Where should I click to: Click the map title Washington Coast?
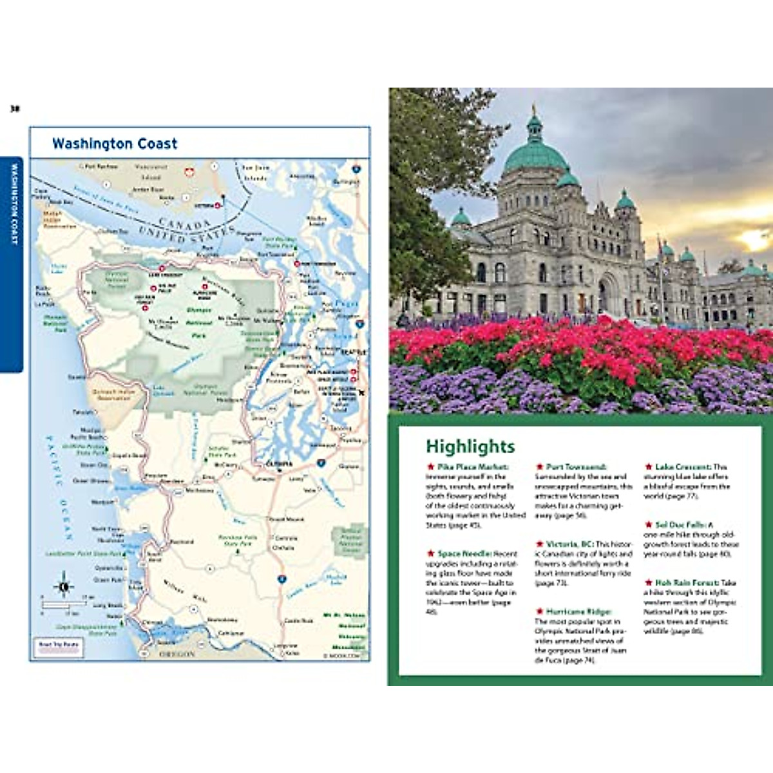115,144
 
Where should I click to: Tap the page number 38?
15,109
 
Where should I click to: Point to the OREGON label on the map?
177,654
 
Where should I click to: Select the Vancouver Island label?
151,171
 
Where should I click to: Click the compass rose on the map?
63,586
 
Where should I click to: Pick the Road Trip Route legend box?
59,646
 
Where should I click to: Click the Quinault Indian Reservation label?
114,394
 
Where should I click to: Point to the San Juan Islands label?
256,173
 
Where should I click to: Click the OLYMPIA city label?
279,464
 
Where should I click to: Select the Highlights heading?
470,446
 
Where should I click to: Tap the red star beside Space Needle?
430,553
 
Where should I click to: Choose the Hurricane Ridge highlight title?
578,611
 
